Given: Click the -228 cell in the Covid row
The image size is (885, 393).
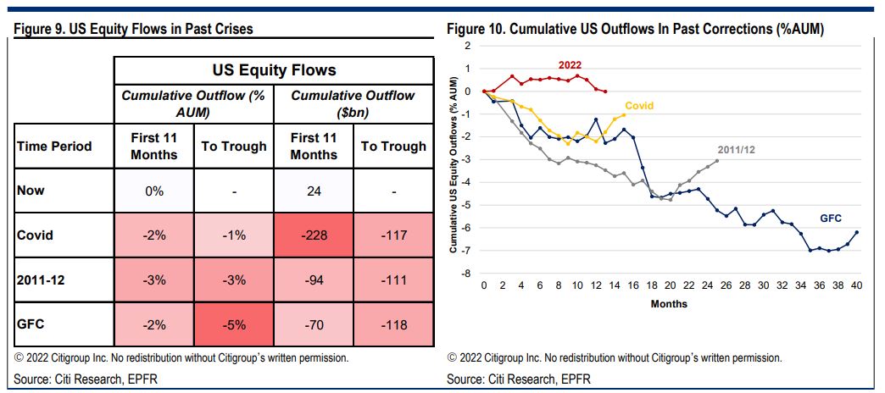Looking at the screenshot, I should (313, 235).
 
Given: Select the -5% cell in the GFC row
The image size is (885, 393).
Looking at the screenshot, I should (233, 324).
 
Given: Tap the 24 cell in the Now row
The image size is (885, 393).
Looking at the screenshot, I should (313, 191).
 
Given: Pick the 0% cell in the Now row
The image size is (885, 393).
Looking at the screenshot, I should (153, 191).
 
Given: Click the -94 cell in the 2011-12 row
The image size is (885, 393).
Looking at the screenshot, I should (313, 280).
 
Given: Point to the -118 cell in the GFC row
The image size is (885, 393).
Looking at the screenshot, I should (393, 324).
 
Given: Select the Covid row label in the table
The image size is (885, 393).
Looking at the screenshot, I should (35, 235).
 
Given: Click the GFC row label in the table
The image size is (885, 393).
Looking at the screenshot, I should (31, 324).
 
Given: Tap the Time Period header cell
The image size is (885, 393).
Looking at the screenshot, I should (54, 147).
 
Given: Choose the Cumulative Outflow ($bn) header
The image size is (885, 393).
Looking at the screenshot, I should (353, 103).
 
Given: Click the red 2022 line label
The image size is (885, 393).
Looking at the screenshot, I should (570, 65).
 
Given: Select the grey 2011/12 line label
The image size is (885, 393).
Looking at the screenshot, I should (735, 148).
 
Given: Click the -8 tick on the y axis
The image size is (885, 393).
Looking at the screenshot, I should (465, 274).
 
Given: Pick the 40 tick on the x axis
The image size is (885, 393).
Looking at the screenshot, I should (856, 286).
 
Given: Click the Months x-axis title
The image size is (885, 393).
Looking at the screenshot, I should (669, 303).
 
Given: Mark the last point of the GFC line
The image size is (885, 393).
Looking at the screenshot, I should (856, 232).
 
